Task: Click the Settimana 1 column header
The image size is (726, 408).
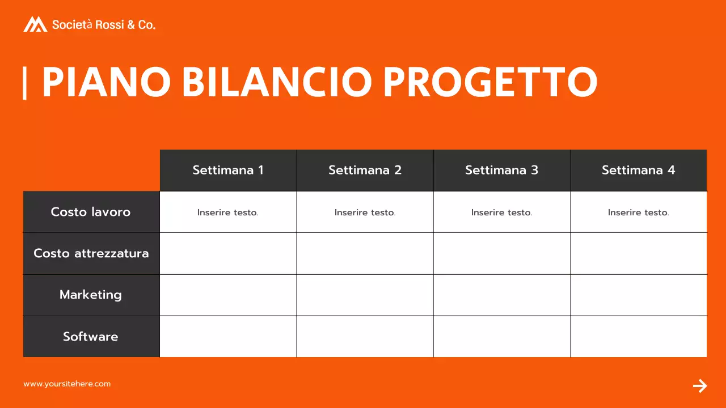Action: tap(228, 170)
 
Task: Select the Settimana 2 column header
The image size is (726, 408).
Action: tap(365, 170)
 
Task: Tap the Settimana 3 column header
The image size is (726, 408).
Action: tap(501, 170)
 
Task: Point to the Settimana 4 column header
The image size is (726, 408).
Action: tap(638, 170)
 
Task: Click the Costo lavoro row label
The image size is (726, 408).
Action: tap(91, 212)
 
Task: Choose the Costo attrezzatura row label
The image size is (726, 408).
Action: tap(91, 253)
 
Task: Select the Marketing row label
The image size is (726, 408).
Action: tap(91, 295)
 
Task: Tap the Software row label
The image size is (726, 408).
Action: tap(91, 337)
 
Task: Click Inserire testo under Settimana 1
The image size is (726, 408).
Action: tap(228, 212)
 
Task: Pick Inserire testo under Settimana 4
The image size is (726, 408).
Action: tap(638, 212)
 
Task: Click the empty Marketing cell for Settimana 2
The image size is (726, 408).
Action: tap(365, 295)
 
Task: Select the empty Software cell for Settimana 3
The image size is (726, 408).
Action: tap(501, 337)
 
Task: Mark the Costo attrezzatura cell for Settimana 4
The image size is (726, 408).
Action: tap(639, 253)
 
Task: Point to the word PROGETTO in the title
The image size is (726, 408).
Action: tap(490, 82)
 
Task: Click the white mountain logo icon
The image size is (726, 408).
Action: tap(35, 24)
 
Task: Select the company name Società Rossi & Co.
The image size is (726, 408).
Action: tap(104, 25)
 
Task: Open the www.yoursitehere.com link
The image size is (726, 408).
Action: tap(67, 384)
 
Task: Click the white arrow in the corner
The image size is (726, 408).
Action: tap(700, 386)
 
